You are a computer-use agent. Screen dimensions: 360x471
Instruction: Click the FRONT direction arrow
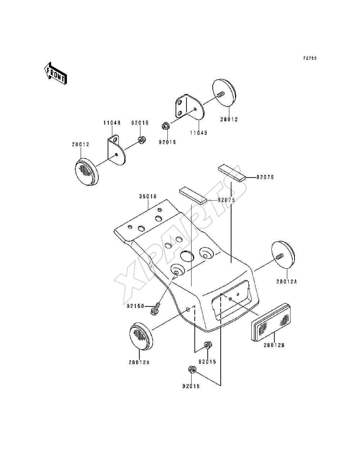[x=55, y=73]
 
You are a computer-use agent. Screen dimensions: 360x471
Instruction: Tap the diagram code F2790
[x=310, y=58]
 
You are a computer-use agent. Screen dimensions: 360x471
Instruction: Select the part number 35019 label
[x=148, y=196]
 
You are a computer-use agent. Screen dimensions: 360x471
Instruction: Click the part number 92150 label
[x=135, y=306]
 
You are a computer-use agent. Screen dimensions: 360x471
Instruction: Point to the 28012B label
[x=274, y=345]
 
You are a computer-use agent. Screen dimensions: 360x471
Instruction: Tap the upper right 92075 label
[x=265, y=177]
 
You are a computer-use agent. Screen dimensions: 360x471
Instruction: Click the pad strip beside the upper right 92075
[x=232, y=173]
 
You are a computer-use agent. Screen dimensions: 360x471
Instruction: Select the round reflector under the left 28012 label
[x=87, y=171]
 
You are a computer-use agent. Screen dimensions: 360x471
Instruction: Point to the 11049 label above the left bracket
[x=112, y=123]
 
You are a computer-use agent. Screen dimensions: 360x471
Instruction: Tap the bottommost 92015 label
[x=191, y=386]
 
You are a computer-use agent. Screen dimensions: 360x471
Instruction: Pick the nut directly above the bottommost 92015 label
[x=192, y=369]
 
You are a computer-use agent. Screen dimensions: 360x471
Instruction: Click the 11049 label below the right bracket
[x=199, y=133]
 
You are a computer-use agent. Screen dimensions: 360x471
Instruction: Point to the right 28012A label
[x=287, y=282]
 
